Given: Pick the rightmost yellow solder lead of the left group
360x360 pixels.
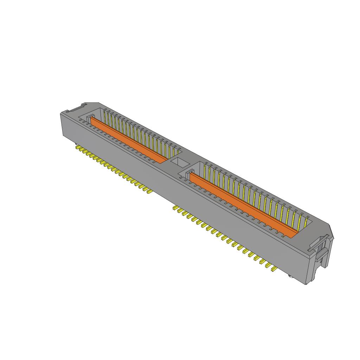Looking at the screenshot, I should tap(149, 192).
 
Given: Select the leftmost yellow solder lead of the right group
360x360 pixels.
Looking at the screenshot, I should tap(175, 208).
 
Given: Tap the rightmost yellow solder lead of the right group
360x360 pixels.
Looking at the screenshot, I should tap(273, 269).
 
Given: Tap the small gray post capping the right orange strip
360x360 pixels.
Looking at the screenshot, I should tap(190, 172).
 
